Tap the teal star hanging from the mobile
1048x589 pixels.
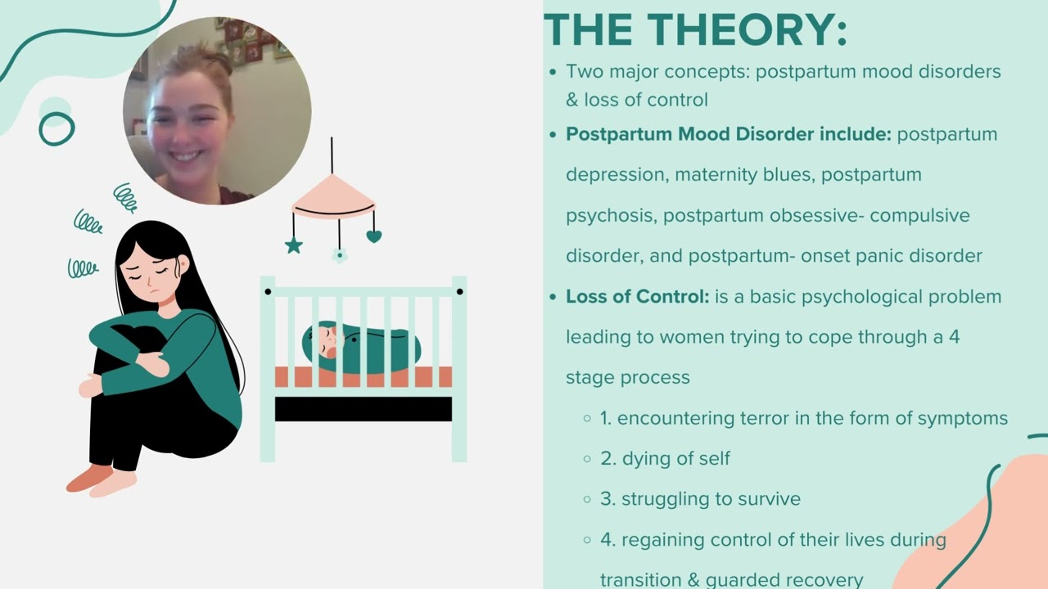coord(294,245)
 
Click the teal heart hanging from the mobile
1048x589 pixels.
coord(373,237)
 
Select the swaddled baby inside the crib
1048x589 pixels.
coord(361,344)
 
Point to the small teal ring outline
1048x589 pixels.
coord(56,128)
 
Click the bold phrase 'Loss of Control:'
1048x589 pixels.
coord(637,296)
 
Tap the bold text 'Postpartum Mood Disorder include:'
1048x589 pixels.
coord(728,134)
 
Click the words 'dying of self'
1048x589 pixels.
coord(675,458)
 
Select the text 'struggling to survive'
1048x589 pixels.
coord(711,499)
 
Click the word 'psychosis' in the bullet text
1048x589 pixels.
coord(611,215)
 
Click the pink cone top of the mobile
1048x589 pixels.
coord(332,196)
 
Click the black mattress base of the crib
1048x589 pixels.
coord(363,409)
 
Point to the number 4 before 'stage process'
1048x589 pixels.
coord(954,337)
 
